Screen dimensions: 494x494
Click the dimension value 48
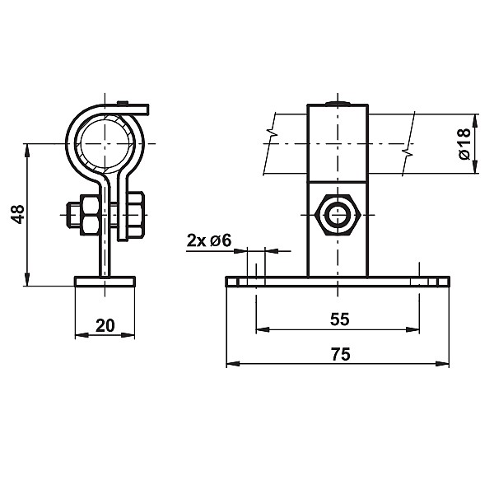coord(18,214)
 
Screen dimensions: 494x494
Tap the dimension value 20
coord(105,325)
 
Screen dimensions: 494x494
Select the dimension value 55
coord(340,319)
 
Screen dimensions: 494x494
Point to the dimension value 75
coord(341,354)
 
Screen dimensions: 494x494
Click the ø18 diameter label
coord(464,143)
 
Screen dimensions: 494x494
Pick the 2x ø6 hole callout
coord(209,240)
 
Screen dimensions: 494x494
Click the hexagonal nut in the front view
coord(338,215)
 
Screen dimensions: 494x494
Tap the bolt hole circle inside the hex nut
coord(338,215)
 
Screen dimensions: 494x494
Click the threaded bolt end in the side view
coord(73,215)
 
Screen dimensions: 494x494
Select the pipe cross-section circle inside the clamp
coord(105,143)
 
